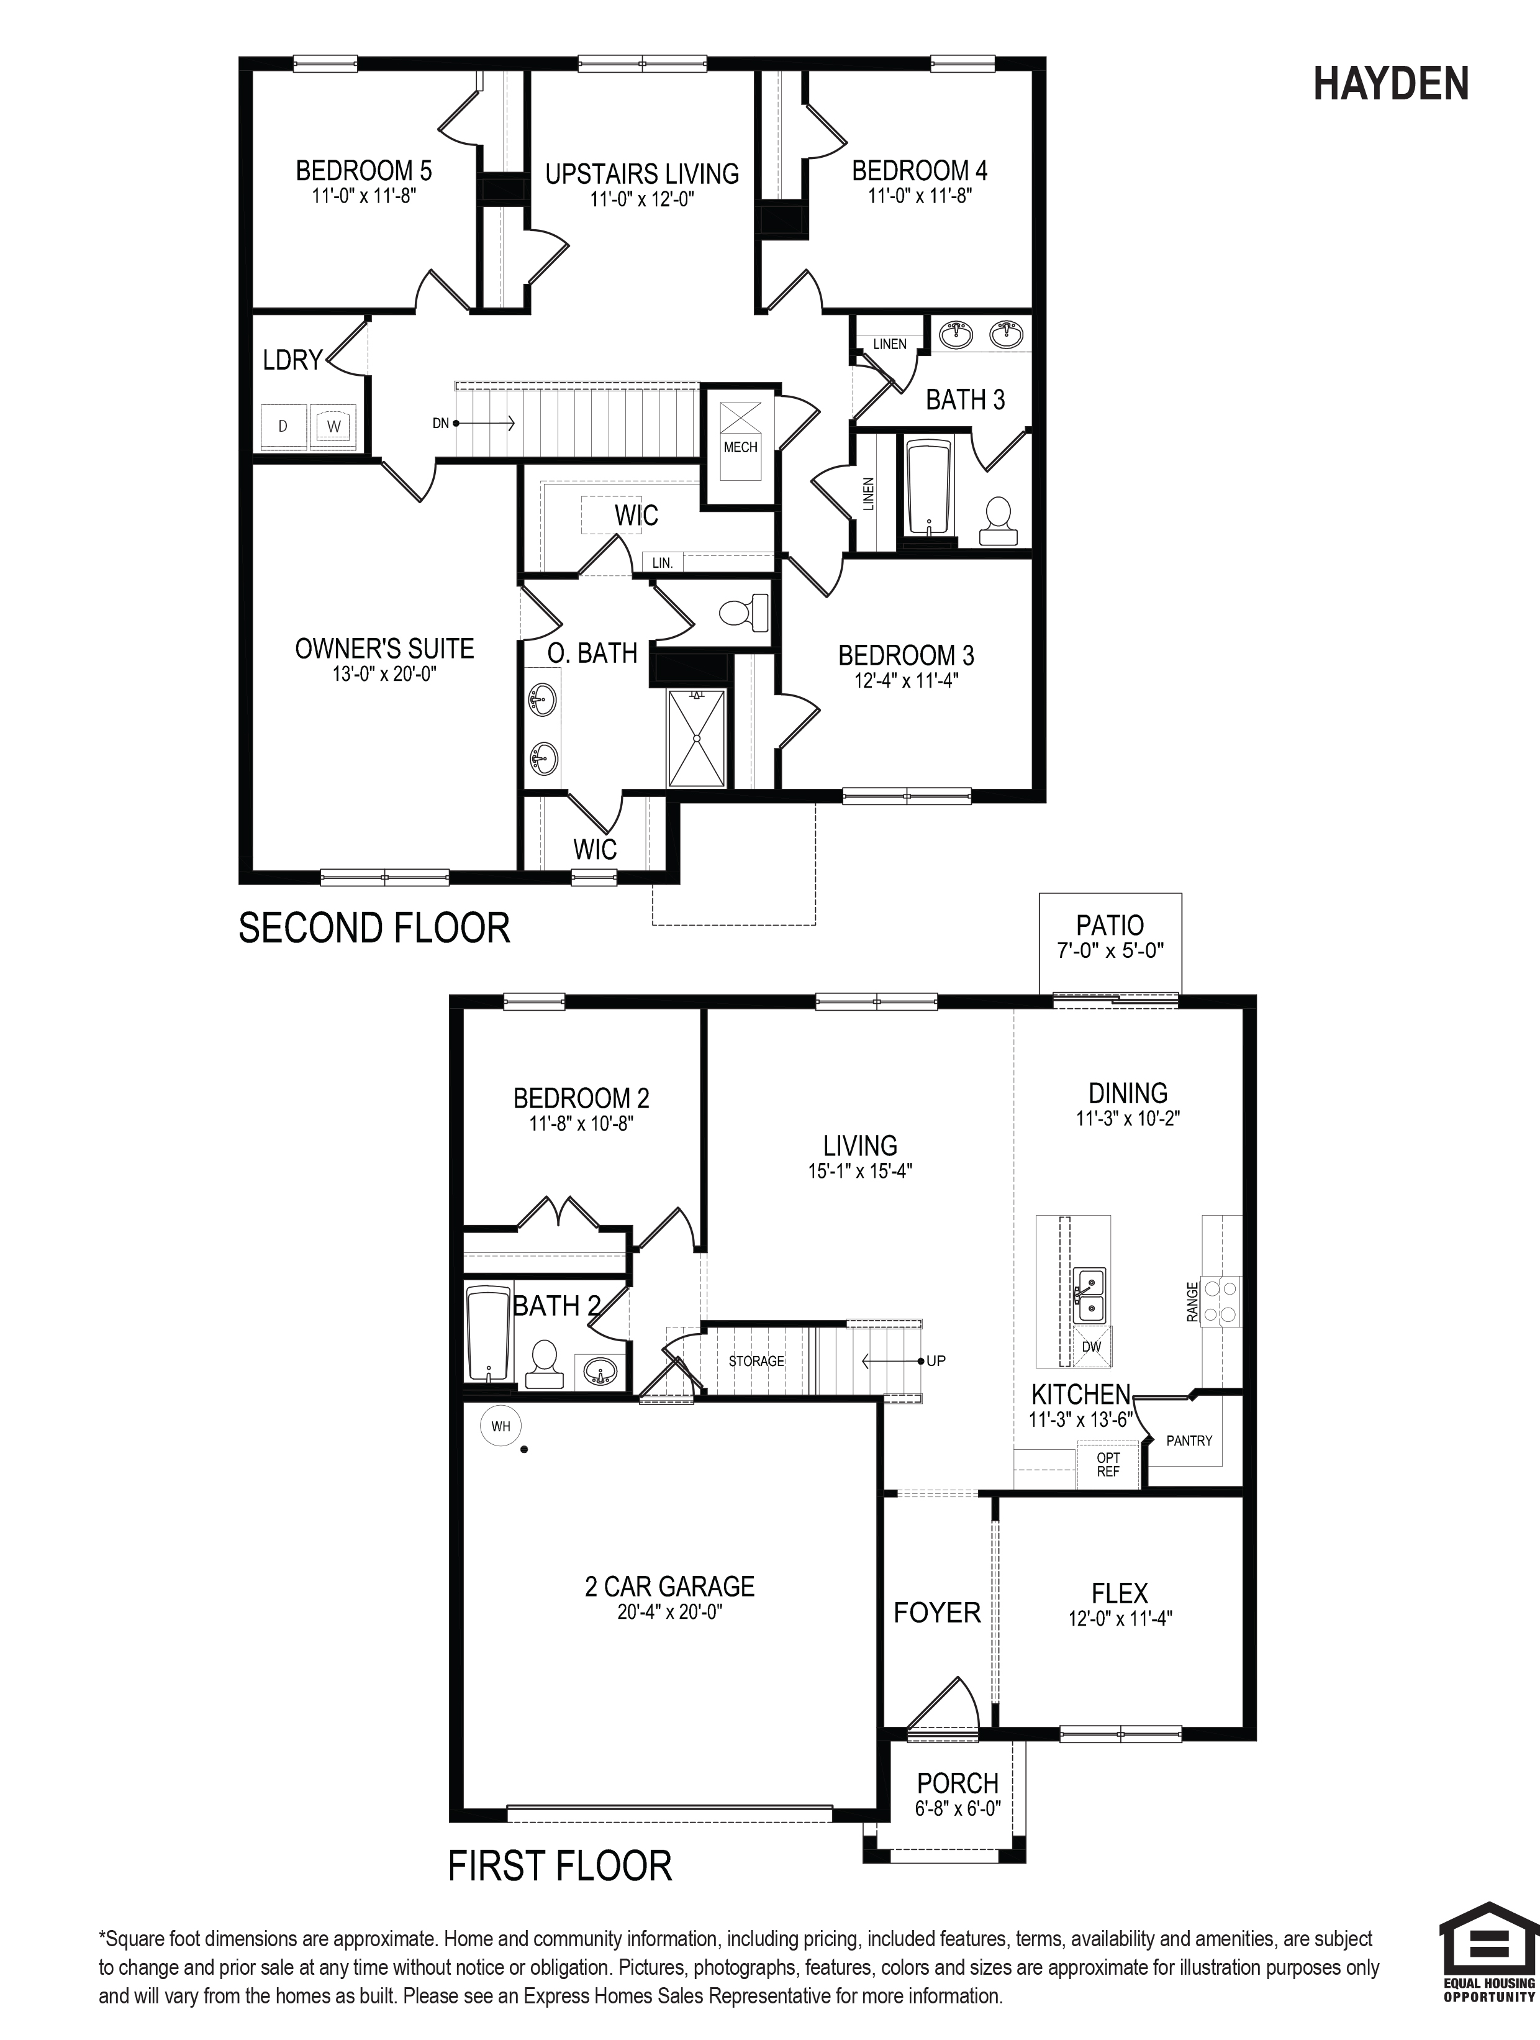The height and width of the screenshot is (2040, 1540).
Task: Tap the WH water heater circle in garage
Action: [500, 1426]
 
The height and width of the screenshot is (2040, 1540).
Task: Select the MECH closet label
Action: [740, 447]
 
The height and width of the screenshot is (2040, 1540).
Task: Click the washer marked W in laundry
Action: [334, 426]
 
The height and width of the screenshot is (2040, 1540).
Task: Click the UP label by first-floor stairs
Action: [936, 1360]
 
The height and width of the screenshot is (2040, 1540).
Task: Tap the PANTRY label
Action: [1189, 1441]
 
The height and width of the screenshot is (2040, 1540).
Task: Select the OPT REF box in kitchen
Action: [1108, 1465]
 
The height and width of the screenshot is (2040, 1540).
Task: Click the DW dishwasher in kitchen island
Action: [1092, 1347]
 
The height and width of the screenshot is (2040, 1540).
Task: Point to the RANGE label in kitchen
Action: [1192, 1301]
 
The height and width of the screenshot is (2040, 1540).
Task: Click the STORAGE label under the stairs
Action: [756, 1361]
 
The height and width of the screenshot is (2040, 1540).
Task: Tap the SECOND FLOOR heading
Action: [374, 928]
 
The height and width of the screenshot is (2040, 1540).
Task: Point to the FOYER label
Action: [937, 1612]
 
